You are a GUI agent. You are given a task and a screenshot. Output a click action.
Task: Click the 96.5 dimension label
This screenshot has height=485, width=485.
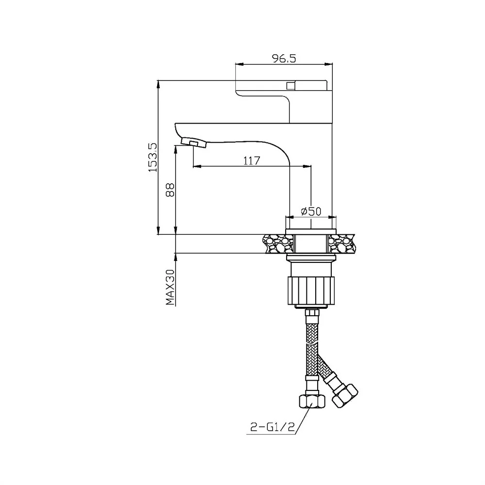284,58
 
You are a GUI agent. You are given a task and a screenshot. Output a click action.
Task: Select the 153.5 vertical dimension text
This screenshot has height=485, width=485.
152,158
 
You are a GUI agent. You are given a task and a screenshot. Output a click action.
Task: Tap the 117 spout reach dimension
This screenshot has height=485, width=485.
252,161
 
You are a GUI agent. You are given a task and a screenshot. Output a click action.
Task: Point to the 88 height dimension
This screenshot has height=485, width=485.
170,190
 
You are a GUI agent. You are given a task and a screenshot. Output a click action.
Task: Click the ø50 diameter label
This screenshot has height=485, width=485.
311,211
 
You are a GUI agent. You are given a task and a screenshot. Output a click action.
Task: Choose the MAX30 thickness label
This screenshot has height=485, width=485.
170,287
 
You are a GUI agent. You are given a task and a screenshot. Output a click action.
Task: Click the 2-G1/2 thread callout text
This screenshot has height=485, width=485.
272,427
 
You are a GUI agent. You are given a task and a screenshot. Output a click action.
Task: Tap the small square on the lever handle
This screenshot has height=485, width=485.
291,85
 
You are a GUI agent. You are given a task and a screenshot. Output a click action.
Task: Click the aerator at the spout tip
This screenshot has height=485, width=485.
194,142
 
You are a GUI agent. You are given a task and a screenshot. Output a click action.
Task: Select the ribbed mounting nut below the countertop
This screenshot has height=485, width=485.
311,291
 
